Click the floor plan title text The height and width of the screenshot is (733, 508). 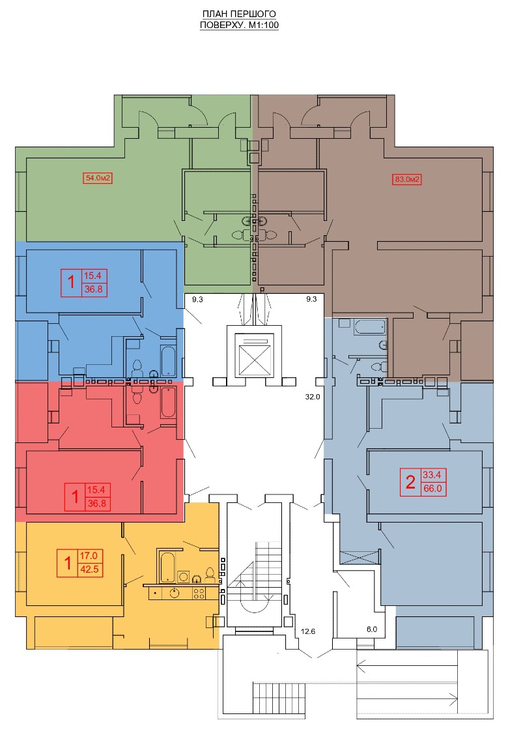point(239,20)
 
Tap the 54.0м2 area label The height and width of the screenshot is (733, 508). point(98,178)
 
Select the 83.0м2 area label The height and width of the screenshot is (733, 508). point(408,179)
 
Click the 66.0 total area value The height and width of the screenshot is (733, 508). point(432,489)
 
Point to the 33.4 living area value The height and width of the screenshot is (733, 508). point(432,475)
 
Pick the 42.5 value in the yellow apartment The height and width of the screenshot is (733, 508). point(89,569)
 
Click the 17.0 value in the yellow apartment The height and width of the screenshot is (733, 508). point(89,556)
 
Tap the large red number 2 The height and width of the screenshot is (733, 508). point(411,482)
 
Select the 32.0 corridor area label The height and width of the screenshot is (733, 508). point(313,397)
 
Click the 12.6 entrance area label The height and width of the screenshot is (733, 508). point(308,631)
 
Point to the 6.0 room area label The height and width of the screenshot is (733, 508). point(372,629)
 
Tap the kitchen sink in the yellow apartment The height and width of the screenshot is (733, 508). point(175,594)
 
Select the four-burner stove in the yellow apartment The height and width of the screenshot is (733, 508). point(199,593)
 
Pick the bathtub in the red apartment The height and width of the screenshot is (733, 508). point(168,402)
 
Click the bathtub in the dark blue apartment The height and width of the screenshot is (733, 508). point(168,360)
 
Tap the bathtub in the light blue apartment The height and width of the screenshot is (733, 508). point(370,327)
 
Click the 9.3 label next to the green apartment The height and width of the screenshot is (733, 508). point(197,299)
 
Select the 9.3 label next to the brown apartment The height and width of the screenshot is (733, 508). point(311,298)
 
